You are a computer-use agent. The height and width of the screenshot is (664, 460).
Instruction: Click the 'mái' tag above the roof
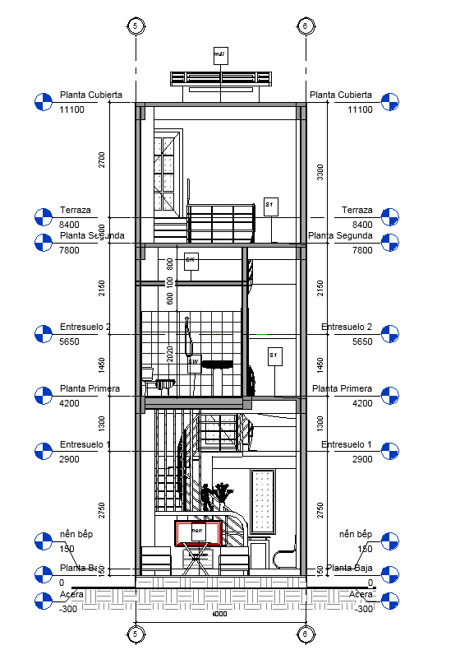(219, 55)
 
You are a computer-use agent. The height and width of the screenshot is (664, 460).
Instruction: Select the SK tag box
(191, 262)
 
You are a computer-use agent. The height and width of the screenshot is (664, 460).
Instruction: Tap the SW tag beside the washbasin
(194, 362)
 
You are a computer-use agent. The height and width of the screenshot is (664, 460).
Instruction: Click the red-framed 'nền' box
(198, 533)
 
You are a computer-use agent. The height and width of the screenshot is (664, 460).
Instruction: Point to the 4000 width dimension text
(219, 614)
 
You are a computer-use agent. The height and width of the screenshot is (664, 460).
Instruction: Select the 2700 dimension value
(103, 159)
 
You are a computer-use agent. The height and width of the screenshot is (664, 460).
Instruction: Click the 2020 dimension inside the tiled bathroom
(170, 354)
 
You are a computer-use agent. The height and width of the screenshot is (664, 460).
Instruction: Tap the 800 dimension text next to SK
(170, 264)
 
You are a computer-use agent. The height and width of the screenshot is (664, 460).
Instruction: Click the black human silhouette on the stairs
(205, 498)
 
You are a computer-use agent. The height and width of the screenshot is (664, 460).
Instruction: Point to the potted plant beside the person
(222, 496)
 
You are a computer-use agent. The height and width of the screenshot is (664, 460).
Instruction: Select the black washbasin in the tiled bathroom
(218, 364)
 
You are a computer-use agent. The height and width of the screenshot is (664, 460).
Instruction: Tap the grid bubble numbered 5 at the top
(135, 26)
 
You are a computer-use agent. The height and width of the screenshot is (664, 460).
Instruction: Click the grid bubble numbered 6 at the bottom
(305, 634)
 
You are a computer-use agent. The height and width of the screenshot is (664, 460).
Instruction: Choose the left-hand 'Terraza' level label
(75, 211)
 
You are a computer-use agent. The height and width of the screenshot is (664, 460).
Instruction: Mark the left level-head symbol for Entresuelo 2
(43, 334)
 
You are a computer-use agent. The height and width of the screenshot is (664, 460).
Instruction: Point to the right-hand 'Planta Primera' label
(340, 388)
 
